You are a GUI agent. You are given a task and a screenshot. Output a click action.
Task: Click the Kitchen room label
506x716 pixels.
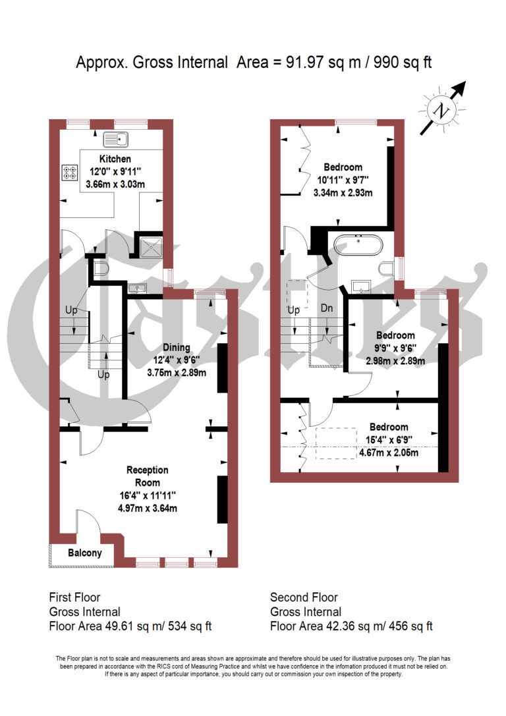pos(115,159)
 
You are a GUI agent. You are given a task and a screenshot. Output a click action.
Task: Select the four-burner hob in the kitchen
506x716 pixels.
pos(70,173)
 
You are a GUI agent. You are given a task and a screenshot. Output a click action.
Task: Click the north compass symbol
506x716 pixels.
pos(439,111)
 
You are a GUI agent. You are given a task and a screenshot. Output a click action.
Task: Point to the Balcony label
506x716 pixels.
pos(85,553)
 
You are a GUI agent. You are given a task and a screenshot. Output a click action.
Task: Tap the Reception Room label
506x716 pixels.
pos(148,476)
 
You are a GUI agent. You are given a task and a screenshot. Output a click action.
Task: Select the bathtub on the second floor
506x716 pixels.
pos(358,246)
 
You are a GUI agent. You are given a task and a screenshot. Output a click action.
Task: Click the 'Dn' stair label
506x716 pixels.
pos(326,308)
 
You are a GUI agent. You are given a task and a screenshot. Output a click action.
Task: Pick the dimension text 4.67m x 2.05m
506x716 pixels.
pos(388,453)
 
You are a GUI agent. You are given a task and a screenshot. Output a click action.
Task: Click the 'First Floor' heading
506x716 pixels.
pos(74,597)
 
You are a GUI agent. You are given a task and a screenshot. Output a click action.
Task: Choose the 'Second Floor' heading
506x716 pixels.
pos(304,597)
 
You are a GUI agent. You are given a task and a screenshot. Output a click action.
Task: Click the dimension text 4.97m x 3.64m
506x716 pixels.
pos(148,508)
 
